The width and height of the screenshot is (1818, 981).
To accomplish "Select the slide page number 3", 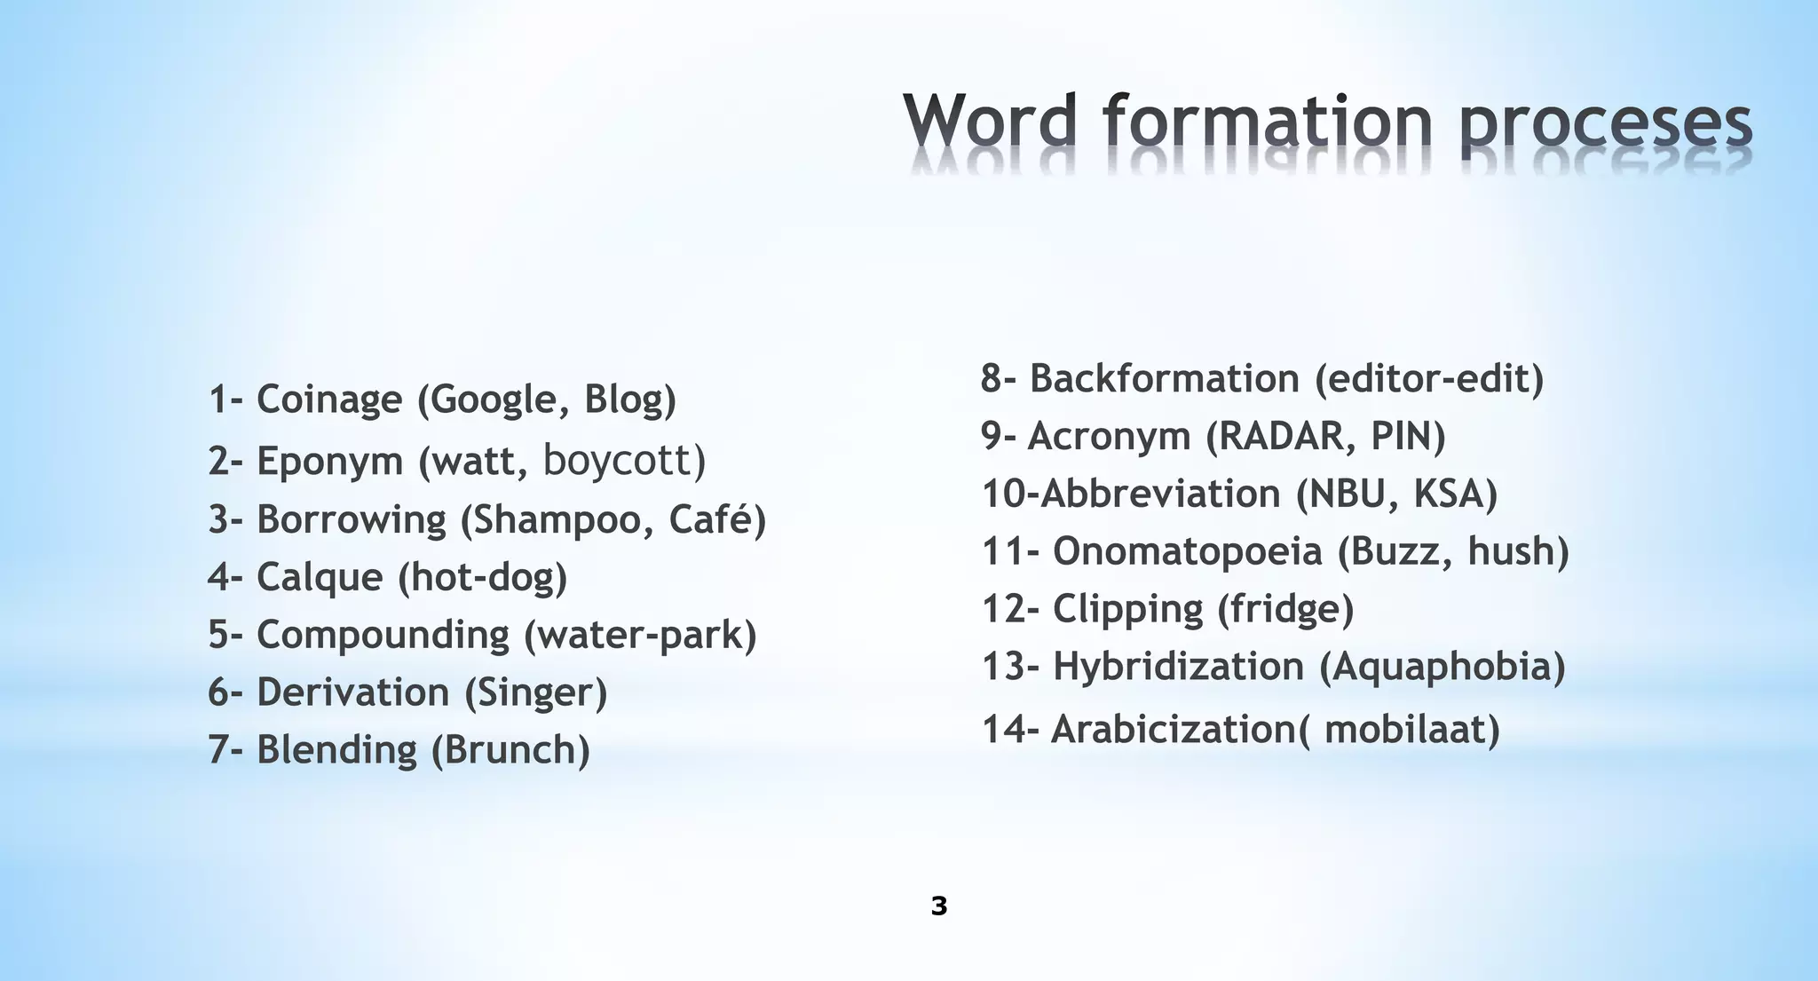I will tap(939, 906).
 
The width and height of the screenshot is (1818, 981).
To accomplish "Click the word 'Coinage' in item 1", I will tap(329, 400).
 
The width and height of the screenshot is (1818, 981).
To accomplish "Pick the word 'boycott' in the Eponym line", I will tap(618, 460).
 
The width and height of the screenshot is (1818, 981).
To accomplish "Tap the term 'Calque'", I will tap(320, 577).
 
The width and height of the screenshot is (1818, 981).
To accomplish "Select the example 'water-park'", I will tap(641, 635).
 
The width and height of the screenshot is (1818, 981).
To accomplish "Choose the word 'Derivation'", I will tap(352, 692).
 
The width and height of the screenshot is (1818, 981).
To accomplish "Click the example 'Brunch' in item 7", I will tap(510, 750).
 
